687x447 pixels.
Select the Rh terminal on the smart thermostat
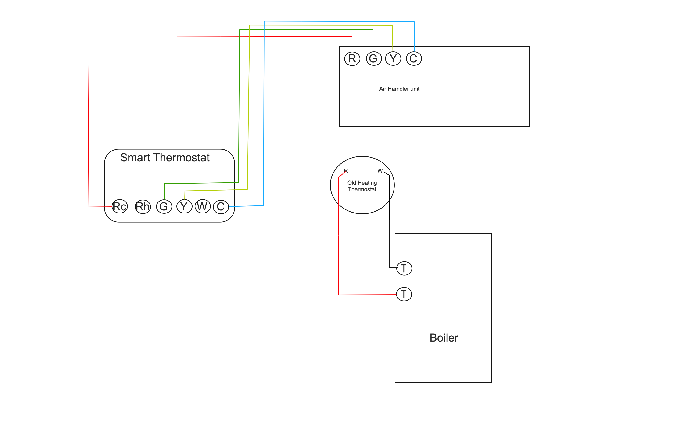coord(143,206)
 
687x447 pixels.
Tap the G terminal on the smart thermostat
coord(164,206)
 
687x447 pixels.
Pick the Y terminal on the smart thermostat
coord(184,206)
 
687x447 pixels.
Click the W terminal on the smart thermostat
coord(203,206)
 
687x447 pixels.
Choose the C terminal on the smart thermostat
coord(221,206)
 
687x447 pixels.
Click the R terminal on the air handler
coord(352,59)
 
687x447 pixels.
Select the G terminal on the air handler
coord(374,59)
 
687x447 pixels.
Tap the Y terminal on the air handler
coord(393,59)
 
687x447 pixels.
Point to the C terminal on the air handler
coord(414,59)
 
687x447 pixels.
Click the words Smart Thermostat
coord(165,158)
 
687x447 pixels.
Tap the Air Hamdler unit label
coord(399,89)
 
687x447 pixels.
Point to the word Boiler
coord(444,338)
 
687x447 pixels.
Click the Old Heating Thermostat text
coord(362,186)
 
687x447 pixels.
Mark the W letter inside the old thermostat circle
coord(380,171)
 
